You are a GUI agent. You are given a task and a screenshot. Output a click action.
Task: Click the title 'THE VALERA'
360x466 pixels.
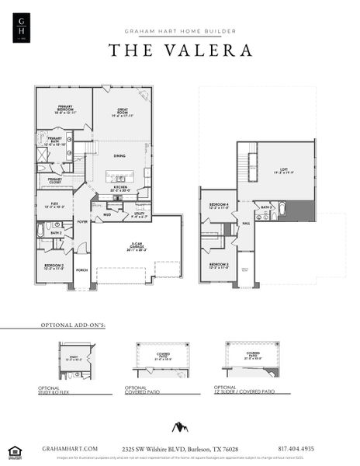[180, 50]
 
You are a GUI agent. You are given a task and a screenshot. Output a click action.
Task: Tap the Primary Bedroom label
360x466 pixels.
[64, 110]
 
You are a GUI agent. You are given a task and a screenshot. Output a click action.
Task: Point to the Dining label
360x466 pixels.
[119, 155]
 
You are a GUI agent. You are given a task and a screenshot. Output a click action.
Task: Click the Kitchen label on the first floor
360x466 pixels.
[119, 187]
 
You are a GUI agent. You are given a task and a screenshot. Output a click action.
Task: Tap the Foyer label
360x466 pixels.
[82, 221]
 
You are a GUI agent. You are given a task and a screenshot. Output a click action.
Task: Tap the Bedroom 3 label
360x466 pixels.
[218, 265]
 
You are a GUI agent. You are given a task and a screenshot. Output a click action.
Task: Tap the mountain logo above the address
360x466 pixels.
[180, 428]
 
